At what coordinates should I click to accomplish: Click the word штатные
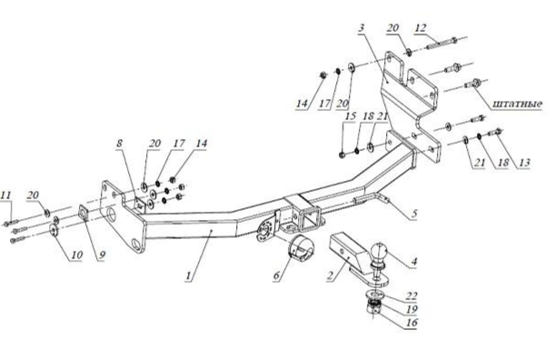pos(517,104)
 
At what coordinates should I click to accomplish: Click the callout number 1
pos(190,275)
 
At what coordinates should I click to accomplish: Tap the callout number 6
pos(277,275)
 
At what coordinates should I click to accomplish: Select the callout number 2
pos(331,275)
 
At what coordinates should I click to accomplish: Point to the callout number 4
pos(413,262)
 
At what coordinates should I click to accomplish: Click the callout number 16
pos(411,323)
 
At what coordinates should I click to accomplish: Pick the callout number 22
pos(412,295)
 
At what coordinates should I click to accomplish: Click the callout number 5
pos(414,214)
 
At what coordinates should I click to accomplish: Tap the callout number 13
pos(524,163)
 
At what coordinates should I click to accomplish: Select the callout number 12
pos(421,27)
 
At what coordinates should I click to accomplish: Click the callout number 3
pos(362,27)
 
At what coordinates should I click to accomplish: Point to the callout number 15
pos(350,116)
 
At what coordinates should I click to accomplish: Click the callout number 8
pos(120,143)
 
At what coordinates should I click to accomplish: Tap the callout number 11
pos(5,195)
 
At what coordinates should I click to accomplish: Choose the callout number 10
pos(76,255)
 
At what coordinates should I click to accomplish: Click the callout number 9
pos(102,255)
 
